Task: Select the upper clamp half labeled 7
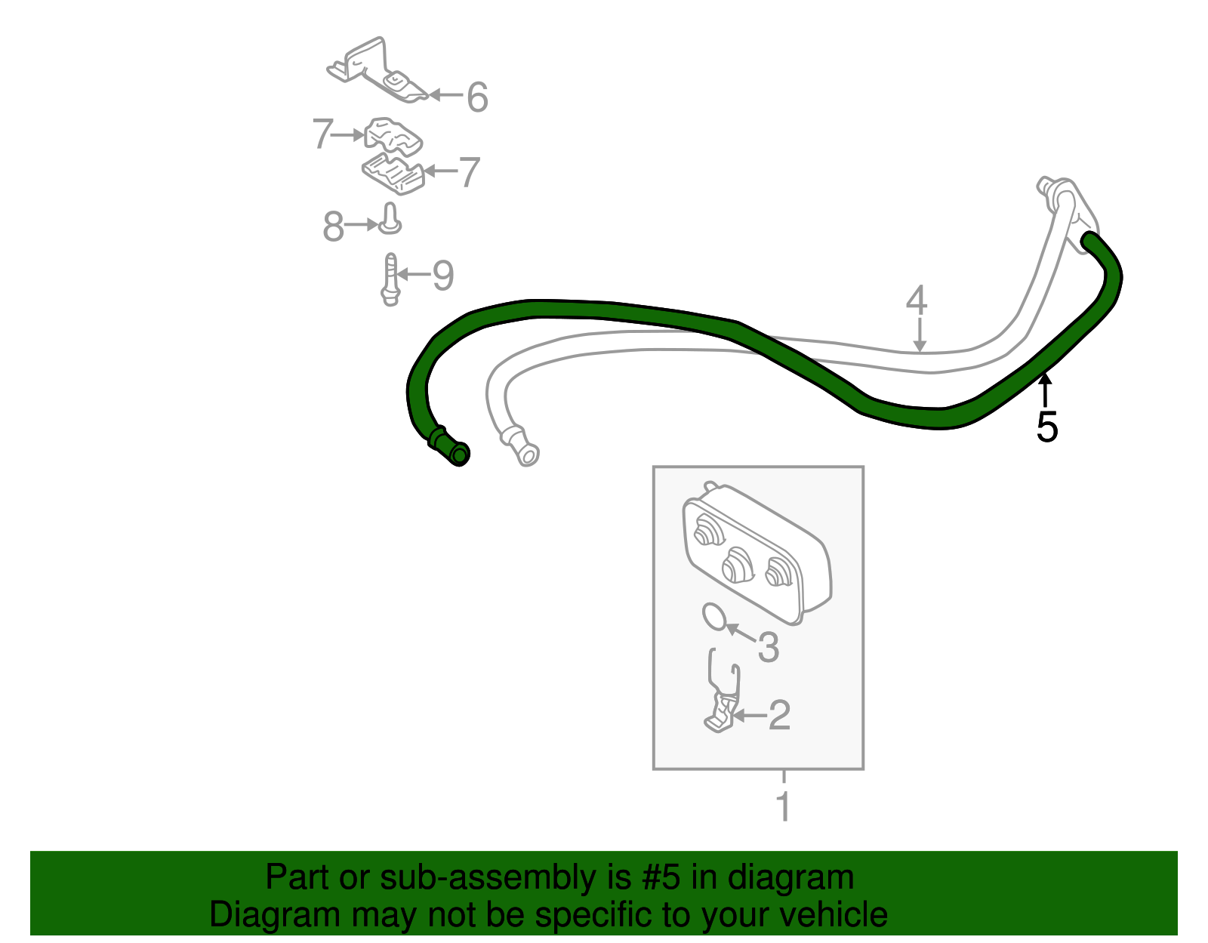pos(393,135)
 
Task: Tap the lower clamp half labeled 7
pos(393,174)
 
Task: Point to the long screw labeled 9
pos(391,279)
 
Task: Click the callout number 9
pos(443,276)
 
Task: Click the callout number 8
pos(333,227)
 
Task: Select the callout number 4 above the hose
pos(916,300)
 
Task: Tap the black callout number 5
pos(1046,427)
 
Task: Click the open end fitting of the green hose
pos(458,454)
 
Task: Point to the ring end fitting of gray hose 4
pos(526,454)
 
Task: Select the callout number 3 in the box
pos(769,647)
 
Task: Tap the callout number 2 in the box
pos(779,715)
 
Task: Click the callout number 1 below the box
pos(783,806)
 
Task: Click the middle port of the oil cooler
pos(737,565)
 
